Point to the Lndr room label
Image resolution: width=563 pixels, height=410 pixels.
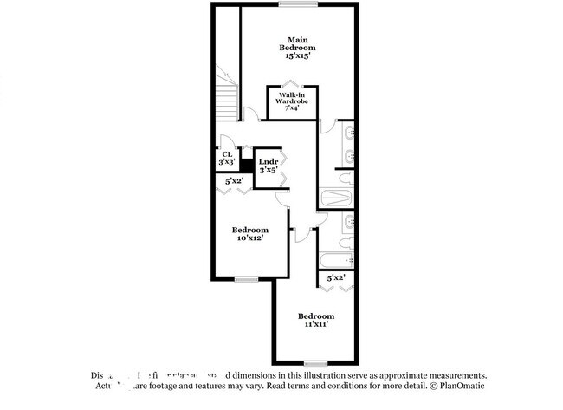[x=269, y=161]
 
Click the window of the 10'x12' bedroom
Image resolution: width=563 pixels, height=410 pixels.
[x=247, y=278]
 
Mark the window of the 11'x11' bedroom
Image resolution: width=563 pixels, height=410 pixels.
[x=315, y=362]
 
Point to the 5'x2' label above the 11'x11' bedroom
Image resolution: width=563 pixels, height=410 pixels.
[x=335, y=278]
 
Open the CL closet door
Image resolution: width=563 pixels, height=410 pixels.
[x=227, y=143]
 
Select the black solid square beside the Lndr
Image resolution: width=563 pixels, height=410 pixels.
[x=246, y=165]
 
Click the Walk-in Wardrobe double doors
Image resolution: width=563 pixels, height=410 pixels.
[x=292, y=86]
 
